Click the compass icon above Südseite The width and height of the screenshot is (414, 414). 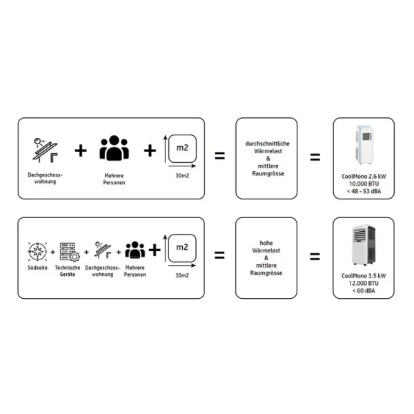(37, 251)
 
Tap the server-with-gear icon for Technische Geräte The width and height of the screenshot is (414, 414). (70, 252)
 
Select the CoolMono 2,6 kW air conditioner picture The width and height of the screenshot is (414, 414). (364, 145)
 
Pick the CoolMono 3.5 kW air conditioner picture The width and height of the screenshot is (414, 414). (364, 245)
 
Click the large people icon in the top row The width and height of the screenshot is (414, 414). (114, 148)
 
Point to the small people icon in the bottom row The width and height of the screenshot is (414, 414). (135, 250)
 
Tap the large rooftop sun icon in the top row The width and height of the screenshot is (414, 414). (45, 150)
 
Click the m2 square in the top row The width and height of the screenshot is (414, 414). (182, 148)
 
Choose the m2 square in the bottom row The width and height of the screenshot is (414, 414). (182, 248)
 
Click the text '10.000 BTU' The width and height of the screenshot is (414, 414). (364, 184)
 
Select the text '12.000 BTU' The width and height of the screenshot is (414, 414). (364, 284)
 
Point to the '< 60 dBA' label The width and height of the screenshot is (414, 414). (364, 290)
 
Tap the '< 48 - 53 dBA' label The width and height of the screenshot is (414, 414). (364, 191)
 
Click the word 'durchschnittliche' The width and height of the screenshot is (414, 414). (268, 144)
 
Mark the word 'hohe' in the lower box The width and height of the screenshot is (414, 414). (266, 243)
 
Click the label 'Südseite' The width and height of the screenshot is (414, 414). (37, 268)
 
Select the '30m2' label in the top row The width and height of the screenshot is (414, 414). (182, 176)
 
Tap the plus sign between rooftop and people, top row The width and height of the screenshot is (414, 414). (81, 150)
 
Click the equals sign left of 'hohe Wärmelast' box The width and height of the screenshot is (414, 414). (219, 255)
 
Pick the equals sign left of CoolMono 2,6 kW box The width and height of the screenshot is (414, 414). (315, 157)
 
